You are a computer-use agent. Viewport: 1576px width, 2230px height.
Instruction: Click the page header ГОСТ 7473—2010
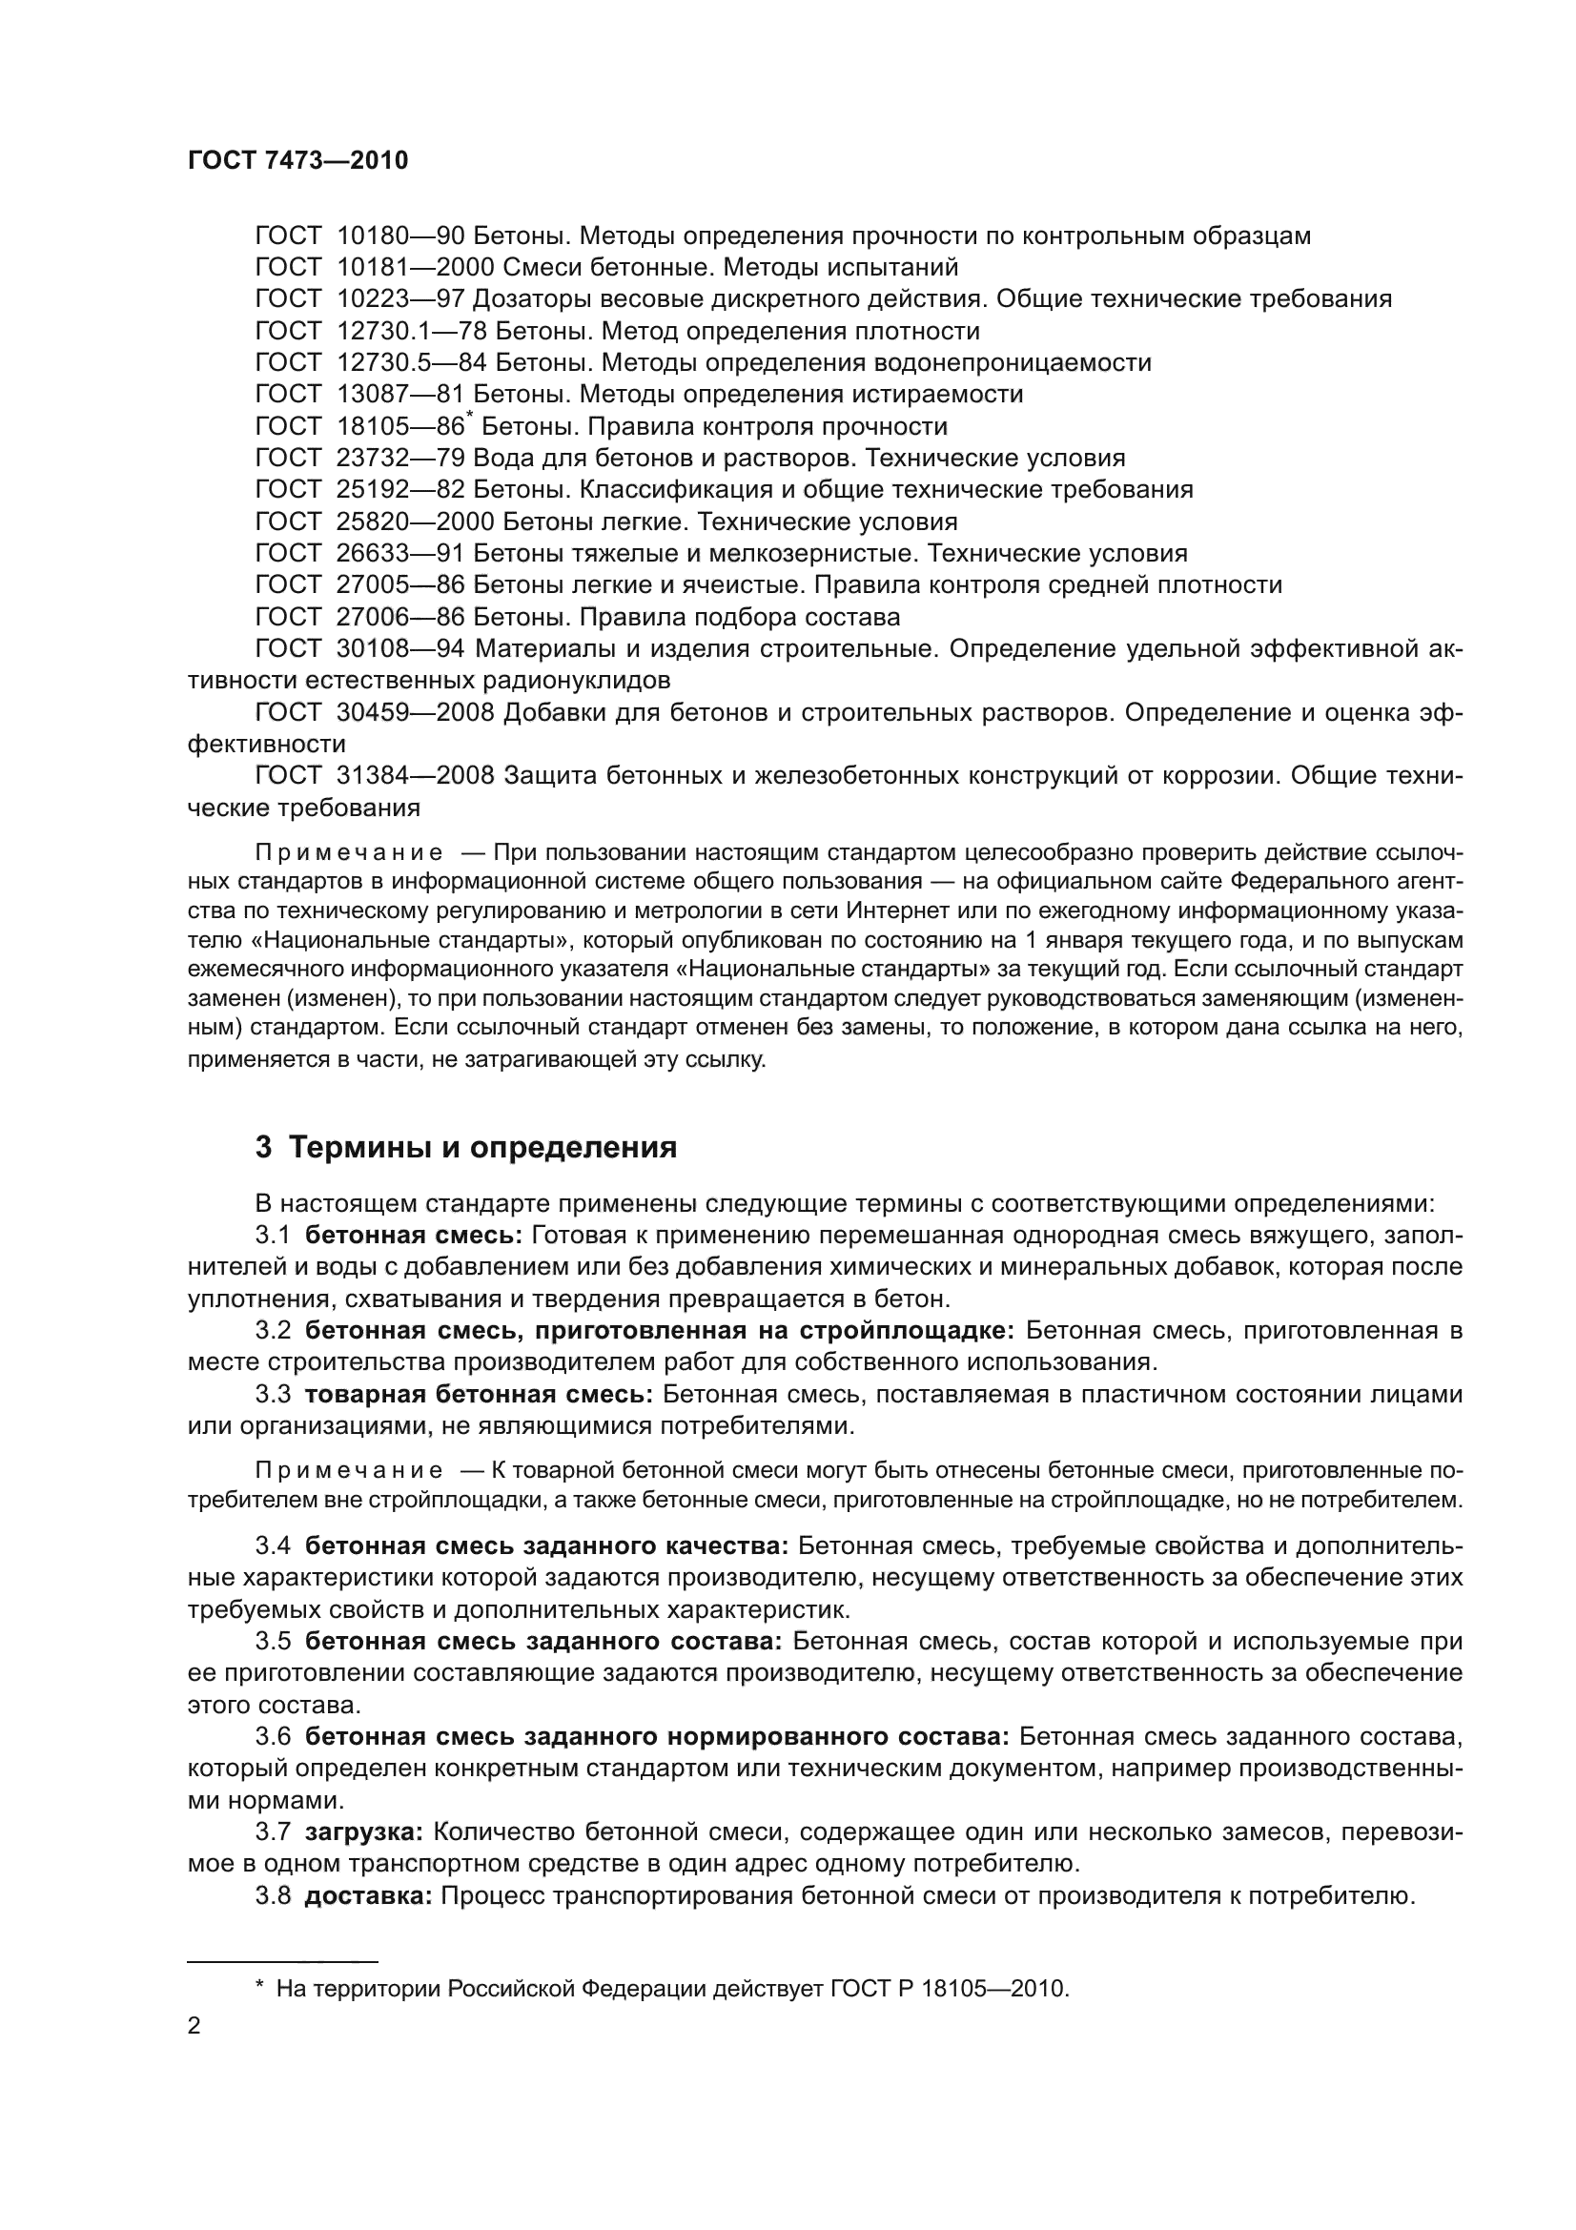click(297, 161)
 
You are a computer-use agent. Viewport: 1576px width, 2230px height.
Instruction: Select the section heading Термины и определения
click(482, 1148)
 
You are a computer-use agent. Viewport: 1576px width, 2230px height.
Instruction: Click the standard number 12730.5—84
click(411, 363)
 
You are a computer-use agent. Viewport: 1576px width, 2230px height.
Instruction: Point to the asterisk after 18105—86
click(470, 417)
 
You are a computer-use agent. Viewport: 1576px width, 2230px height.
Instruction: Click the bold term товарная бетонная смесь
click(479, 1395)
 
